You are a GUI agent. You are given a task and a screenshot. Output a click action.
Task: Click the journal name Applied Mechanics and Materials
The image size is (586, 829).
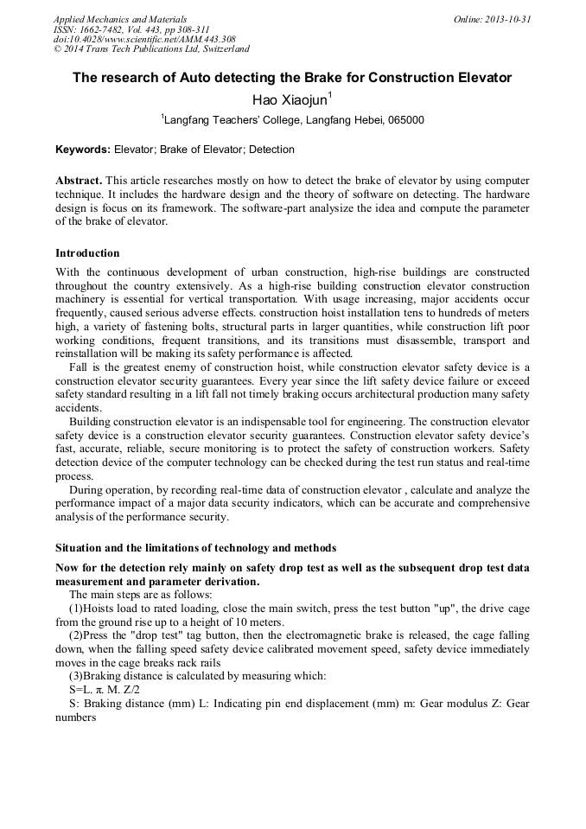point(120,19)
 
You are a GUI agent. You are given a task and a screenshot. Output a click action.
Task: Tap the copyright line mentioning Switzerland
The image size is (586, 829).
point(151,50)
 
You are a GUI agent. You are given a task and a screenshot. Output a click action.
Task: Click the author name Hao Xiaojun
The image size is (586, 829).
point(290,99)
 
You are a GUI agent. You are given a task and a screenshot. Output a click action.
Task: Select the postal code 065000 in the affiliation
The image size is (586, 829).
point(406,120)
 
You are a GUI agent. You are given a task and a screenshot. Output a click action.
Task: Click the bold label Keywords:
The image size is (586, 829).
point(83,150)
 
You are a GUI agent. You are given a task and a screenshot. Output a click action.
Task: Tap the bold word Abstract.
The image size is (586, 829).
point(79,180)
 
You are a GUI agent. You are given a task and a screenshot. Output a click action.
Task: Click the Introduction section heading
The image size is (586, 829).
point(87,253)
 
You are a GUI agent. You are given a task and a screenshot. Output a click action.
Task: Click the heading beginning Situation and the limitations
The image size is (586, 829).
point(195,548)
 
